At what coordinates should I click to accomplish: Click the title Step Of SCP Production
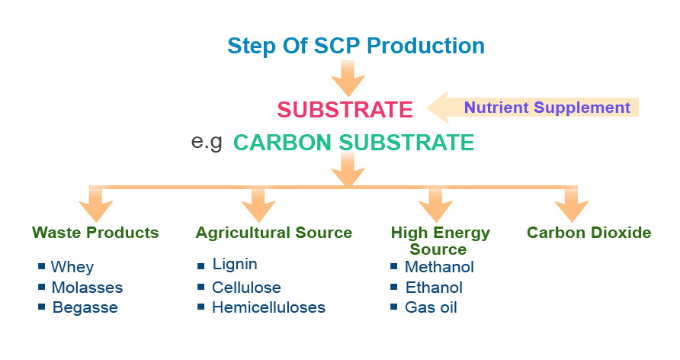tap(356, 45)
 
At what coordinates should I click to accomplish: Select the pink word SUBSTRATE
tap(345, 110)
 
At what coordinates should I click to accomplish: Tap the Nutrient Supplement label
tap(547, 108)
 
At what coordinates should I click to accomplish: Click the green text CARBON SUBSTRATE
tap(354, 143)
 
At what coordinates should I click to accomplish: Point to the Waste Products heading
tap(95, 233)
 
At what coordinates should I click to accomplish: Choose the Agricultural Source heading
tap(274, 233)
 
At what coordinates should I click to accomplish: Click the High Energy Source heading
tap(440, 240)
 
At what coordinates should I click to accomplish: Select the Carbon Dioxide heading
tap(589, 233)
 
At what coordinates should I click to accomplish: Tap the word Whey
tap(72, 267)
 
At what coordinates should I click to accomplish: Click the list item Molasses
tap(87, 288)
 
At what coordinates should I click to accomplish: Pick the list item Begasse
tap(85, 308)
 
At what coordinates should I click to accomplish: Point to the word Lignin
tap(235, 265)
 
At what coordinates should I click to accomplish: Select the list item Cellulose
tap(246, 288)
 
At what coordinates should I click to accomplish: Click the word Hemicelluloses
tap(268, 308)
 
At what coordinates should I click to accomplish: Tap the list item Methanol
tap(439, 267)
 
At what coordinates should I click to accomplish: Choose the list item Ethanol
tap(434, 288)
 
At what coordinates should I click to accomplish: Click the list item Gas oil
tap(431, 308)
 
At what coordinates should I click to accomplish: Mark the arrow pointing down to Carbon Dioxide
tap(571, 204)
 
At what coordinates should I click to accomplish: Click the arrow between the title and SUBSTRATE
tap(348, 77)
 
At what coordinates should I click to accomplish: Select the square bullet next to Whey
tap(41, 267)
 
